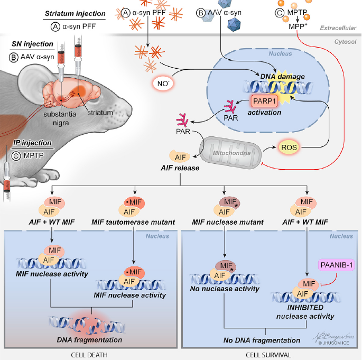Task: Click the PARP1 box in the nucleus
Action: [x=264, y=101]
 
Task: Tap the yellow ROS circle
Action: [x=289, y=147]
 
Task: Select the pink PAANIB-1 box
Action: [x=337, y=265]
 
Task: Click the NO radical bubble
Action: [x=163, y=84]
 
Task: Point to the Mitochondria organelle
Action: [x=231, y=153]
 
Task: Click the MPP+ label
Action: [x=298, y=26]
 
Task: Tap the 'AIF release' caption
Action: [x=180, y=168]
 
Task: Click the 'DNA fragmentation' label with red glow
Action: [x=89, y=340]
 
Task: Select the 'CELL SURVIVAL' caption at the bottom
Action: [x=268, y=355]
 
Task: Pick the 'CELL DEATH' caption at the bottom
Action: [x=89, y=355]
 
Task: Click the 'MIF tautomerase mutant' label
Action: [x=133, y=222]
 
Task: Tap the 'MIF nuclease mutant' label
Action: [x=228, y=222]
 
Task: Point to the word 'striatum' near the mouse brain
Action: [x=100, y=113]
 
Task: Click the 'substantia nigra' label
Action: [x=60, y=118]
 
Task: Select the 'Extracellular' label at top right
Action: [x=338, y=28]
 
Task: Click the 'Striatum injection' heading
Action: [x=75, y=14]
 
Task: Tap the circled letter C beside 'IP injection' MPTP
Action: [x=16, y=155]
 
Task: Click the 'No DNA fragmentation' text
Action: [x=262, y=340]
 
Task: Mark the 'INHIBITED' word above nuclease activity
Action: [x=305, y=308]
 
